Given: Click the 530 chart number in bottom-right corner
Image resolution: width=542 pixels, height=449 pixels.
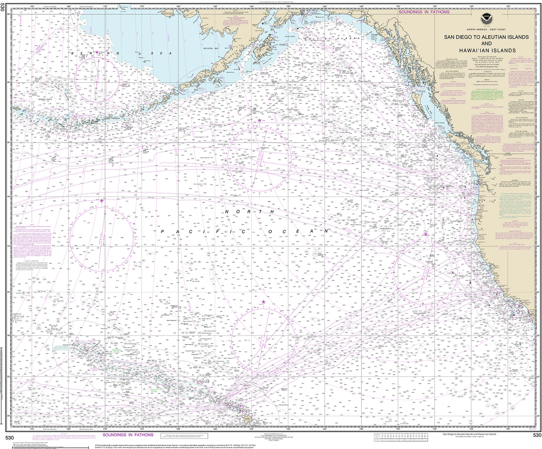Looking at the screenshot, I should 537,435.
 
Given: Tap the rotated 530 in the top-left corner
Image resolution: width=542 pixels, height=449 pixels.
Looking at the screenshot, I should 3,11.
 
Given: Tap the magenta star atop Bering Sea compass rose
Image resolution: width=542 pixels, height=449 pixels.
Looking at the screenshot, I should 97,52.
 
